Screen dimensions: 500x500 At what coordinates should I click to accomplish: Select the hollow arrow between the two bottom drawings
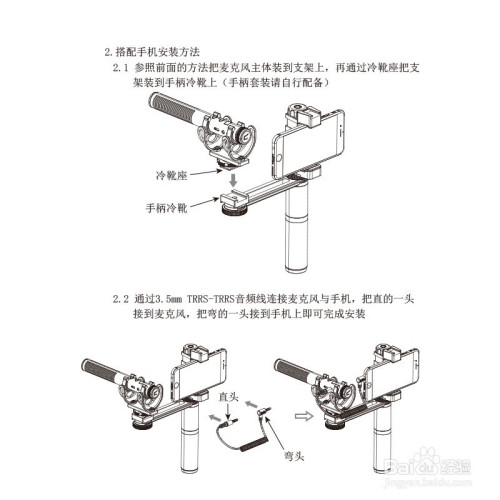click(x=302, y=411)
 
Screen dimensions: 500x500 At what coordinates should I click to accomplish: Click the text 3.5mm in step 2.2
click(x=172, y=298)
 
